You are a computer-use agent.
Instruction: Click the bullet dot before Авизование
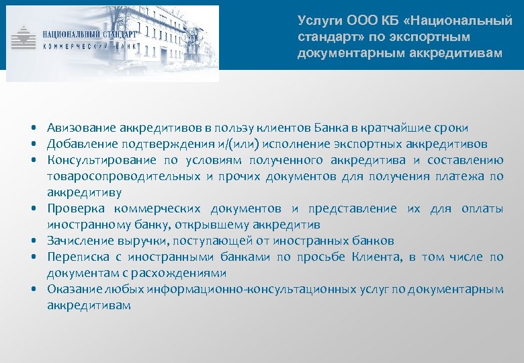point(33,128)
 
